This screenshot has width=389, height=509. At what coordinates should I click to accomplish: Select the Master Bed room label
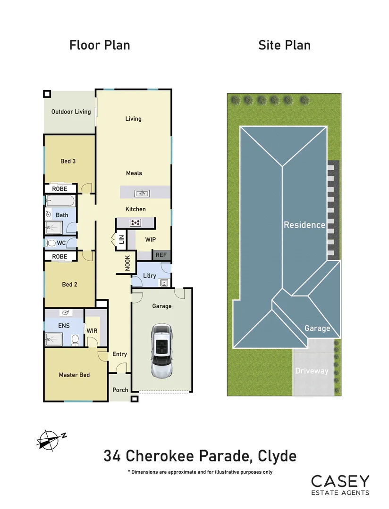pos(74,375)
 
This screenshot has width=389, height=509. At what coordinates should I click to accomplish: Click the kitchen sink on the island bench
pos(142,193)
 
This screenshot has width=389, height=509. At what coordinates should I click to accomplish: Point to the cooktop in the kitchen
pos(136,223)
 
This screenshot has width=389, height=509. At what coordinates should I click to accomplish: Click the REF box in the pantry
pos(161,255)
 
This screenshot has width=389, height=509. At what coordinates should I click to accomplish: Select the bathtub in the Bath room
pos(60,202)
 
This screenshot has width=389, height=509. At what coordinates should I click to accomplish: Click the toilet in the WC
pos(51,243)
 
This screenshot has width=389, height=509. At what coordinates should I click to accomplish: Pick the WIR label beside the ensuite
pos(92,331)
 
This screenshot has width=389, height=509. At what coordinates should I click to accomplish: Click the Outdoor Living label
pos(71,112)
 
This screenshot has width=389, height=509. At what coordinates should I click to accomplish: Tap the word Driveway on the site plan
pos(312,371)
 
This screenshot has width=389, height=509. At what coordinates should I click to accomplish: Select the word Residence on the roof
pos(304,225)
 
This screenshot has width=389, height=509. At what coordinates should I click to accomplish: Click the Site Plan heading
pos(284,45)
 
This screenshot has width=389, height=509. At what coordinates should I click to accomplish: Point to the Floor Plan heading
pos(100,45)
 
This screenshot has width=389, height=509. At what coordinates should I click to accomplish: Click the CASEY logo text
pos(339,481)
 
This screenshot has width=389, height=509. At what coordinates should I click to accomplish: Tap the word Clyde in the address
pos(277,456)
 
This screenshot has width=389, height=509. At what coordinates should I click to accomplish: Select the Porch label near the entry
pos(120,390)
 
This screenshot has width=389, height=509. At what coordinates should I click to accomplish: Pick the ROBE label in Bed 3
pos(59,189)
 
